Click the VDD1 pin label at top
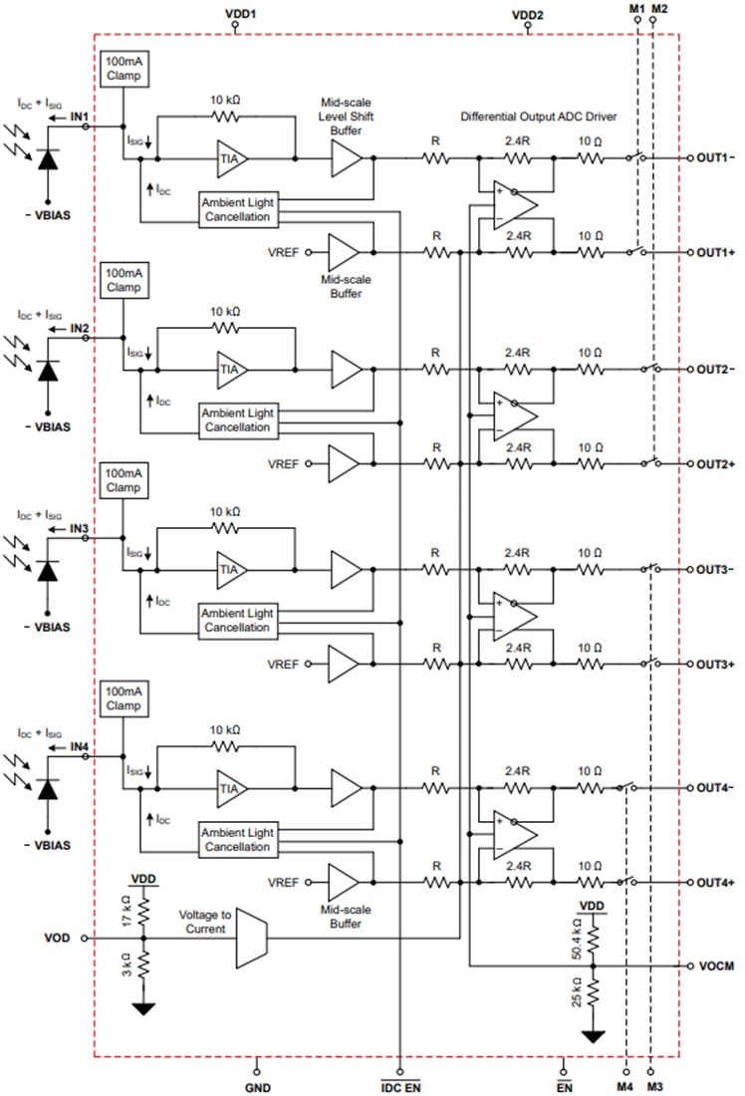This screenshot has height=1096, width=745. point(234,15)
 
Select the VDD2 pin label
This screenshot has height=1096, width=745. point(528,15)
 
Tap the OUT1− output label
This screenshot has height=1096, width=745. point(715,157)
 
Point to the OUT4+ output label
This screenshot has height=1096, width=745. point(715,883)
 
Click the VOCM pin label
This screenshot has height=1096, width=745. point(716,966)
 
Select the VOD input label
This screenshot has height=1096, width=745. point(58,938)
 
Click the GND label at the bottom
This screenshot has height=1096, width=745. point(257,1087)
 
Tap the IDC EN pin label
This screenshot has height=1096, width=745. point(400,1087)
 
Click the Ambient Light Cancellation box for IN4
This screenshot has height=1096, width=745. point(236,839)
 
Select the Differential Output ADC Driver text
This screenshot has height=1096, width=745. point(539,117)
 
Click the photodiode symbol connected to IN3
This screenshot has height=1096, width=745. point(46,571)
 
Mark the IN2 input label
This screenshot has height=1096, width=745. point(80,328)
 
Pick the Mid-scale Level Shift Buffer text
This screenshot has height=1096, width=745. point(346,117)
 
